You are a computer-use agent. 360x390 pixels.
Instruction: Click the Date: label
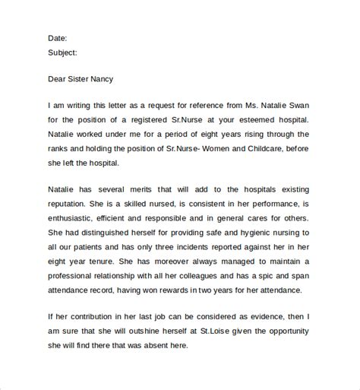tap(58, 37)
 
